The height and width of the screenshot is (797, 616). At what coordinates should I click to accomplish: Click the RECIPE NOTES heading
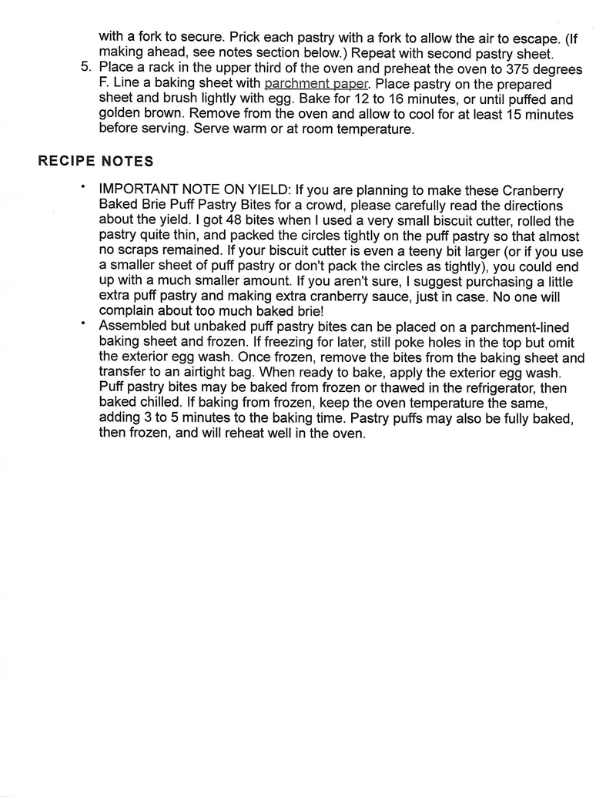click(95, 162)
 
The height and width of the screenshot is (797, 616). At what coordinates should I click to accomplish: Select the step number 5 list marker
click(86, 68)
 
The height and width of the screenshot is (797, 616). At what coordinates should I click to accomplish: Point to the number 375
click(506, 68)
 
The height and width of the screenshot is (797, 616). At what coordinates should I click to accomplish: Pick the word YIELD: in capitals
click(263, 190)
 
